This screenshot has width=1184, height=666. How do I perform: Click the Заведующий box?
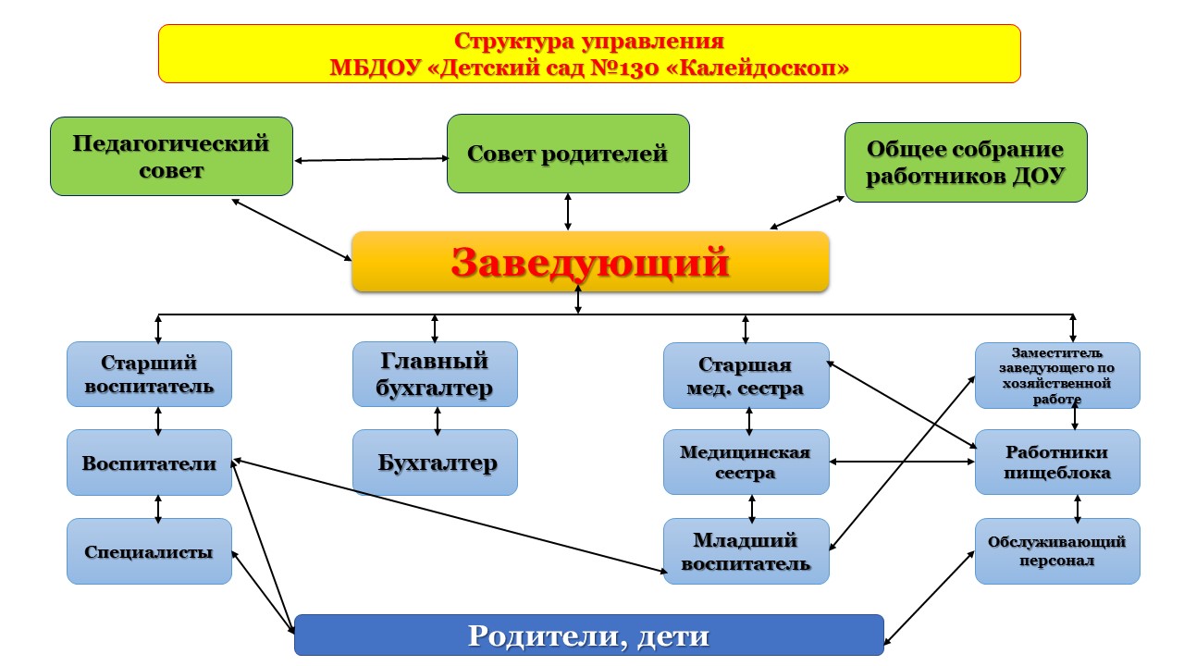coord(590,262)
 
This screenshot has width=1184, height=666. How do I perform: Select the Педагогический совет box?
coord(171,156)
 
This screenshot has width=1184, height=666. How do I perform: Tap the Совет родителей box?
coord(568,154)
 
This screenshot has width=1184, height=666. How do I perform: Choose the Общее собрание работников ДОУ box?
coord(965,162)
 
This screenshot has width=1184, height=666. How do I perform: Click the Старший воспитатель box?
coord(149,374)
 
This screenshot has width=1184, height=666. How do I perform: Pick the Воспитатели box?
coord(149,462)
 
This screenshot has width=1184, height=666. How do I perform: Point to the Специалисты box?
coord(149,551)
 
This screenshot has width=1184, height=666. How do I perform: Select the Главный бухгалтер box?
coord(435,374)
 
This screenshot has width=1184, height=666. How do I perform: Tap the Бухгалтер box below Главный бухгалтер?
coord(435,462)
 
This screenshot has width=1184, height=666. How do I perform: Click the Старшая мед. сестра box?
coord(746,375)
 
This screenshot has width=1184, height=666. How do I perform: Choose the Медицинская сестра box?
coord(746,462)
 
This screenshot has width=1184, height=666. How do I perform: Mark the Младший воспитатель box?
coord(746,551)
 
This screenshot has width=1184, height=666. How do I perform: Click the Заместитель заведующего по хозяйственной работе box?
coord(1057,375)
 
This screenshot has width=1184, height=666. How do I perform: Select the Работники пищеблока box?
coord(1057,462)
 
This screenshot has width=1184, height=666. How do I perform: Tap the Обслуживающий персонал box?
coord(1057,551)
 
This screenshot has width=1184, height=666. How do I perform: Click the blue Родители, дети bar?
coord(588,635)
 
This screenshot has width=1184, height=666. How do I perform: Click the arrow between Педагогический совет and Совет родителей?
coord(370,159)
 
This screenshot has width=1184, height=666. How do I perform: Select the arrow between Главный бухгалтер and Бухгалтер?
coord(437,419)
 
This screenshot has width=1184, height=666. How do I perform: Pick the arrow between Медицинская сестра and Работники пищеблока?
coord(902,461)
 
